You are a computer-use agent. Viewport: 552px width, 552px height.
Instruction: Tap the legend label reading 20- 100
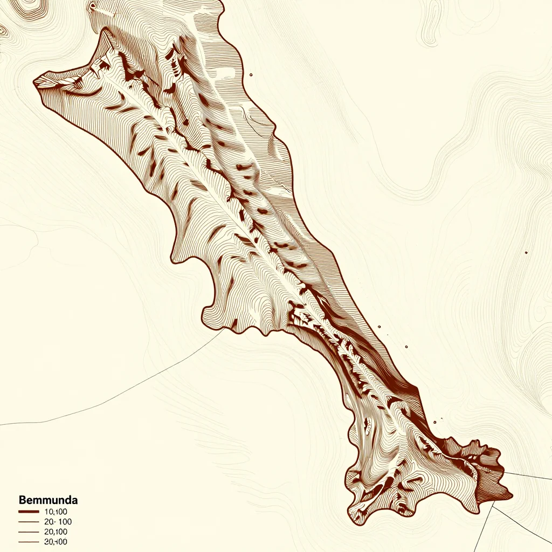58,522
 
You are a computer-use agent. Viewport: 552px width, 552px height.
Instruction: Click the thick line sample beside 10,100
29,512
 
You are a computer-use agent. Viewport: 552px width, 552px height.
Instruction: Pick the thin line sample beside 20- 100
29,522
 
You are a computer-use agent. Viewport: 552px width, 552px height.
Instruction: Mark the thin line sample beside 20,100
29,532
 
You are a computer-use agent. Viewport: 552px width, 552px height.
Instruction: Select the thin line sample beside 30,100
29,542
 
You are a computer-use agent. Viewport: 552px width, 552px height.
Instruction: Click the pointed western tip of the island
34,82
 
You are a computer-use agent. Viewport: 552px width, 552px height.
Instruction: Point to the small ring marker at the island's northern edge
92,6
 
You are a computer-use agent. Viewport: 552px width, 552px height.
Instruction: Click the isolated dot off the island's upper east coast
251,75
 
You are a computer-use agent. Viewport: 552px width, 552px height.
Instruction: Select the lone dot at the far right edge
526,252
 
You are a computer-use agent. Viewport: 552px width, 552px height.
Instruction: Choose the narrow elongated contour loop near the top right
431,22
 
